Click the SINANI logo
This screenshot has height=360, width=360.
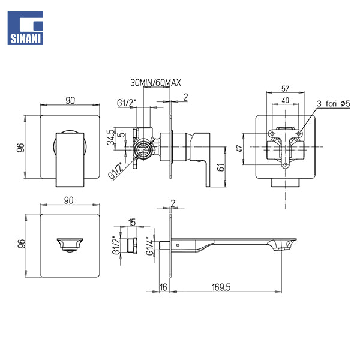coord(25,28)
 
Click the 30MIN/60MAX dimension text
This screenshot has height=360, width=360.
coord(155,83)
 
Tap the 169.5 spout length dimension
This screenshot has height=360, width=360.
coord(221,287)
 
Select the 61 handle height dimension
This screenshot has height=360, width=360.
coord(221,167)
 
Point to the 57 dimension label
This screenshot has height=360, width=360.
coord(285,89)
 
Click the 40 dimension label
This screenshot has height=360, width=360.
coord(285,100)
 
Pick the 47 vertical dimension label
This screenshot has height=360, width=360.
coord(239,149)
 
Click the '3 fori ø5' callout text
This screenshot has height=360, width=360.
coord(334,104)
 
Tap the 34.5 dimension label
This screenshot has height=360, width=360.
coord(110,137)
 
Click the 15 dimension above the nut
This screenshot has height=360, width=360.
coord(132,222)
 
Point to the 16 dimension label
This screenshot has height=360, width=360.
coord(163,287)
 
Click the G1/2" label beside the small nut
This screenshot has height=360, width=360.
coord(116,245)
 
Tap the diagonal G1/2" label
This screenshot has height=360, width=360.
coord(116,170)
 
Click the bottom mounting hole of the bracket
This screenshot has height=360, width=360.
coord(286,164)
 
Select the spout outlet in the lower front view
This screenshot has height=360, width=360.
coord(70,245)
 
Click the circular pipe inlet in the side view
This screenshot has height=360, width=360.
coord(144,149)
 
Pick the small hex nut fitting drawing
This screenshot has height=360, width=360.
coord(132,245)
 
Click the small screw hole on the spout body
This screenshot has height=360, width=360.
coord(178,245)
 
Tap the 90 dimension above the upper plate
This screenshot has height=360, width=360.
coord(70,100)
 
